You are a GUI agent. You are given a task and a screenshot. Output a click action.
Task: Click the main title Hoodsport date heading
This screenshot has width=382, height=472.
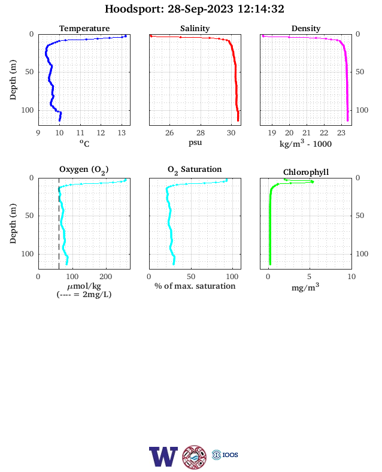[195, 9]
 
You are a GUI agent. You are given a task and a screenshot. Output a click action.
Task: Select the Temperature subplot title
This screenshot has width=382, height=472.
[84, 29]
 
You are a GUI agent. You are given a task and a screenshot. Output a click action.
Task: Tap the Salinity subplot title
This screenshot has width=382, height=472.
[195, 29]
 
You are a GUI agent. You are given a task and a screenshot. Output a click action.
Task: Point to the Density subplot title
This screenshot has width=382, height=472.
[306, 29]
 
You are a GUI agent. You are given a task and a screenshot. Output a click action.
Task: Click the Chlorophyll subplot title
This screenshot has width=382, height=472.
[306, 173]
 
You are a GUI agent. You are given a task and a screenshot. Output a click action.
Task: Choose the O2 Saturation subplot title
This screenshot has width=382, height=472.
[195, 170]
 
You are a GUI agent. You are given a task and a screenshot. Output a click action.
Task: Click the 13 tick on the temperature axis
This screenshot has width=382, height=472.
[122, 133]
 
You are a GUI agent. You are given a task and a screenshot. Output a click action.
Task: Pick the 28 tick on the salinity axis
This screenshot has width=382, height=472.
[201, 133]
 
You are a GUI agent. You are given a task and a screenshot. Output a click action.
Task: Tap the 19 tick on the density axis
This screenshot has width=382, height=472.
[272, 133]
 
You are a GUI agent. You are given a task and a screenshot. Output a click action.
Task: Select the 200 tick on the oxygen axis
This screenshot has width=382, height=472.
[106, 277]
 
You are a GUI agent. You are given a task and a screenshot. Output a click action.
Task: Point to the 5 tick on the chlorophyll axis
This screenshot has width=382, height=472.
[310, 277]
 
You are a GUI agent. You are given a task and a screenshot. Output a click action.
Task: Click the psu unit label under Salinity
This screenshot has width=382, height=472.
[195, 143]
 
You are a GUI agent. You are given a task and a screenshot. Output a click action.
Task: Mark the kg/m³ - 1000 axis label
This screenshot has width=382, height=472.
[305, 144]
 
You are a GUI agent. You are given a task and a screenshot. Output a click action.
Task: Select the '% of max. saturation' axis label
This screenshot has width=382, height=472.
[195, 286]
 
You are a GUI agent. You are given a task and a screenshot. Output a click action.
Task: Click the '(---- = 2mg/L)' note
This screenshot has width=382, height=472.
[84, 294]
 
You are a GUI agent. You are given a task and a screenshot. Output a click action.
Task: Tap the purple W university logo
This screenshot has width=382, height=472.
[163, 456]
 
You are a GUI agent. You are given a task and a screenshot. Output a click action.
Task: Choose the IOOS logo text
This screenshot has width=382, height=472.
[231, 455]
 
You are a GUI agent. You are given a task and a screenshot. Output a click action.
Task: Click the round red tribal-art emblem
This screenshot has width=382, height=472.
[195, 457]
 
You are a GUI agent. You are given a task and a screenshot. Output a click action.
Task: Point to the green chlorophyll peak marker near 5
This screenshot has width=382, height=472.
[313, 181]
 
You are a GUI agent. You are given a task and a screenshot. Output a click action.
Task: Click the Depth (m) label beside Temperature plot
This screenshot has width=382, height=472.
[13, 80]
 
